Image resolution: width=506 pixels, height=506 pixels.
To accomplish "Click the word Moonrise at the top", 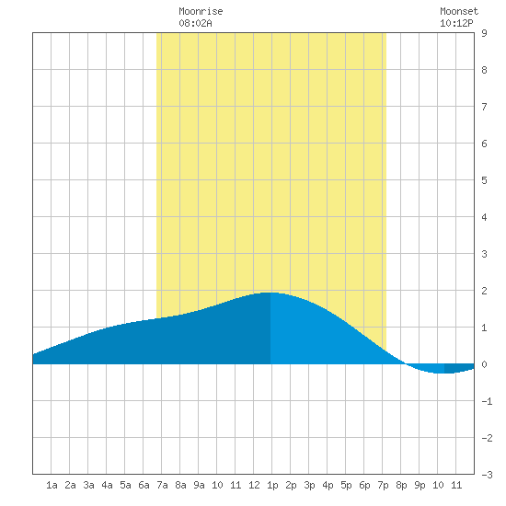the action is [201, 12].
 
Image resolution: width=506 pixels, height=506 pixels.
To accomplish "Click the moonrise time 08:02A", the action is [195, 23].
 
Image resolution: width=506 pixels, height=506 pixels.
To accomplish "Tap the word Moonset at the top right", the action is [459, 12].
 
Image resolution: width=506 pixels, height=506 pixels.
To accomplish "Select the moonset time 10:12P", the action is [456, 23].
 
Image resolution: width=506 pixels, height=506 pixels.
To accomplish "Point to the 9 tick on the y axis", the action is [484, 33].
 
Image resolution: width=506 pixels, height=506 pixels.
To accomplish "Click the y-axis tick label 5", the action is [484, 180].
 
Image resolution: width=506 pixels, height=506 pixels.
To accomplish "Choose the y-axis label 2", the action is [484, 291].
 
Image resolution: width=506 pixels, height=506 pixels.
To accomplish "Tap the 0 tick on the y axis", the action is [484, 364].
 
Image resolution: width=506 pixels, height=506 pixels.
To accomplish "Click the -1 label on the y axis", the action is [487, 401].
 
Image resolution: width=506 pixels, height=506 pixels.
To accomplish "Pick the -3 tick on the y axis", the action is [487, 475].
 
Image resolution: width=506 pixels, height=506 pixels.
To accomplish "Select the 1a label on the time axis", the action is [52, 485].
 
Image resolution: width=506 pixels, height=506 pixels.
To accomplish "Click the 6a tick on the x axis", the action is [144, 485].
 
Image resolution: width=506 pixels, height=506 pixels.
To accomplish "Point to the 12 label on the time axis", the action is [254, 485].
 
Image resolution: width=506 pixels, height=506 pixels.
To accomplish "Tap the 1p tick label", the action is [272, 485].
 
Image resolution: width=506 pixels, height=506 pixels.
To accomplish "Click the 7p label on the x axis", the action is [383, 485].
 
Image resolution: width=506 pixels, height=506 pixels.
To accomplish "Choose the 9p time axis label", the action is [420, 485].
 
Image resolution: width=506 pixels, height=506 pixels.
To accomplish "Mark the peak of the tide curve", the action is [270, 293].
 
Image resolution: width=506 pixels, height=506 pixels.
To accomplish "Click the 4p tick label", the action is [328, 485].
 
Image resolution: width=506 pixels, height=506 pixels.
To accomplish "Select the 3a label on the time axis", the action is [88, 485].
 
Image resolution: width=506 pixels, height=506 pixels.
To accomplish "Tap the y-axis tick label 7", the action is [484, 107].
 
